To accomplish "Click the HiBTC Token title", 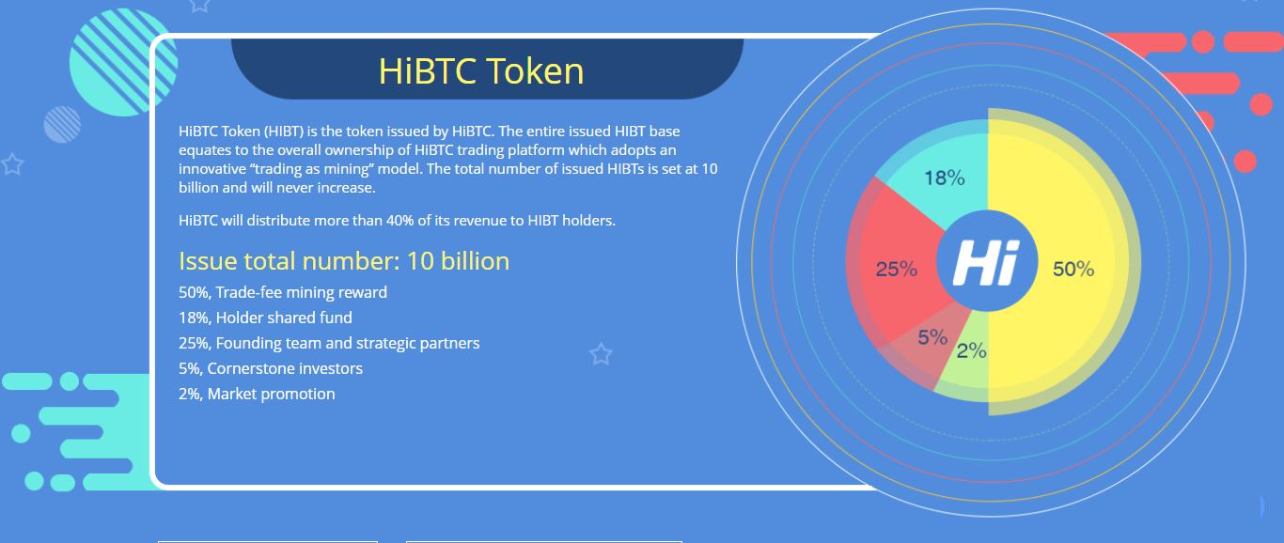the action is tap(481, 70).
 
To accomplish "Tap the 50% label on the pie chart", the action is tap(1073, 269).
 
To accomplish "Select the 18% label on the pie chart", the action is tap(944, 178).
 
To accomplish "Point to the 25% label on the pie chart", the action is tap(897, 269).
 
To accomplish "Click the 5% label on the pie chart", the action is tap(932, 337).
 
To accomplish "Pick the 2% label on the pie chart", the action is tap(972, 350).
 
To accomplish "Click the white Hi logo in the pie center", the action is tap(987, 262).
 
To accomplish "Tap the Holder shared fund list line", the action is tap(265, 318).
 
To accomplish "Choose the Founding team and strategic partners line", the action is tap(329, 343).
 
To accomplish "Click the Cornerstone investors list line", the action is tap(271, 368).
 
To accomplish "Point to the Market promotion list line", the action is tap(257, 394).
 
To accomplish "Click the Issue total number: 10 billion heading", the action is tap(344, 261).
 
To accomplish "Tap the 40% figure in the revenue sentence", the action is tap(400, 221).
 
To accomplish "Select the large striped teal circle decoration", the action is tap(123, 62).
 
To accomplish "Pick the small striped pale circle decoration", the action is tap(62, 124).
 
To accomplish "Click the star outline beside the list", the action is tap(601, 354).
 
